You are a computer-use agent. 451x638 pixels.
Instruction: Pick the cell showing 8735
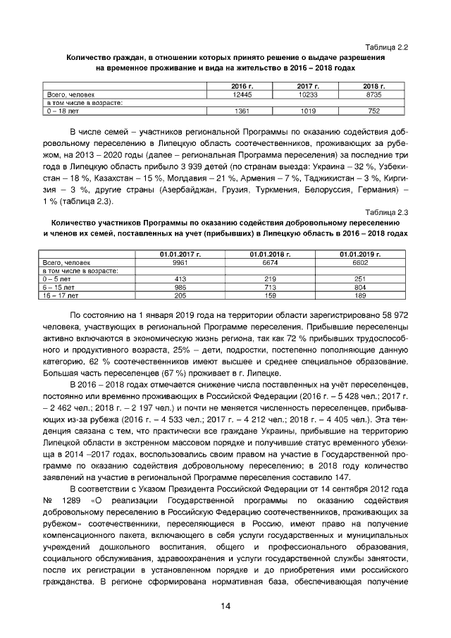click(x=373, y=94)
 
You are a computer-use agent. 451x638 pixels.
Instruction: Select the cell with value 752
click(x=373, y=111)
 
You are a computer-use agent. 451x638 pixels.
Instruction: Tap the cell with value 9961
click(x=163, y=262)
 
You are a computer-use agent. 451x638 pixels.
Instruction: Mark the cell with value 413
click(x=163, y=279)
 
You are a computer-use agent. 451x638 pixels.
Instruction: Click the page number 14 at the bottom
click(x=225, y=606)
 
